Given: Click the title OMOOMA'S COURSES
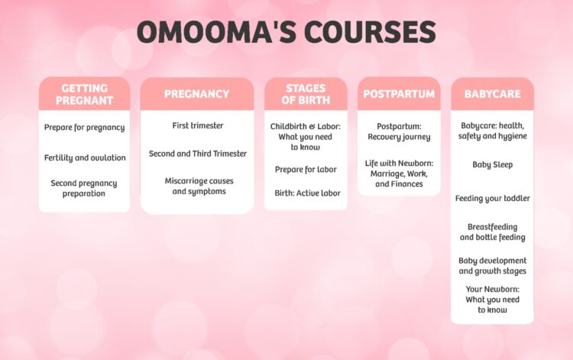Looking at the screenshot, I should [x=286, y=33].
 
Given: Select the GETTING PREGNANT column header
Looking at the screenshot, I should [x=85, y=94].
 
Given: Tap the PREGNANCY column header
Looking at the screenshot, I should [x=196, y=94].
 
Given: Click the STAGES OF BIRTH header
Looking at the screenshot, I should [x=306, y=94].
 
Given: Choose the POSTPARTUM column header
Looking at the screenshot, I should [x=399, y=94].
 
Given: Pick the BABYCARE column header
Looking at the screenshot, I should [x=492, y=94].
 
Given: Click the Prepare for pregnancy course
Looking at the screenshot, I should [x=85, y=128].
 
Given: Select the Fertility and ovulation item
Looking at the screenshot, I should [x=85, y=157].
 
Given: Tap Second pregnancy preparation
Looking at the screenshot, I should [x=85, y=188].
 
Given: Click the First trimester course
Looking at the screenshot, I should [x=197, y=125].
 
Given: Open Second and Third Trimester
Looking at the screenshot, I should [x=197, y=154].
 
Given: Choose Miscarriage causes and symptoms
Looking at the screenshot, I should [x=197, y=186].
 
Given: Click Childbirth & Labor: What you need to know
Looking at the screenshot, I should [x=306, y=136].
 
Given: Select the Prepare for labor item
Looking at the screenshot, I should [x=306, y=170].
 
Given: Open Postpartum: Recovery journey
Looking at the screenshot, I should [x=399, y=131].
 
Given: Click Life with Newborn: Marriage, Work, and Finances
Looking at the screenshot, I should [x=399, y=173].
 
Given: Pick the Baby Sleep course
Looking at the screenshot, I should [x=492, y=164].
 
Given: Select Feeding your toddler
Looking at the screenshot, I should [x=492, y=199].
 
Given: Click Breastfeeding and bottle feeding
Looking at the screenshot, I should [x=492, y=232].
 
